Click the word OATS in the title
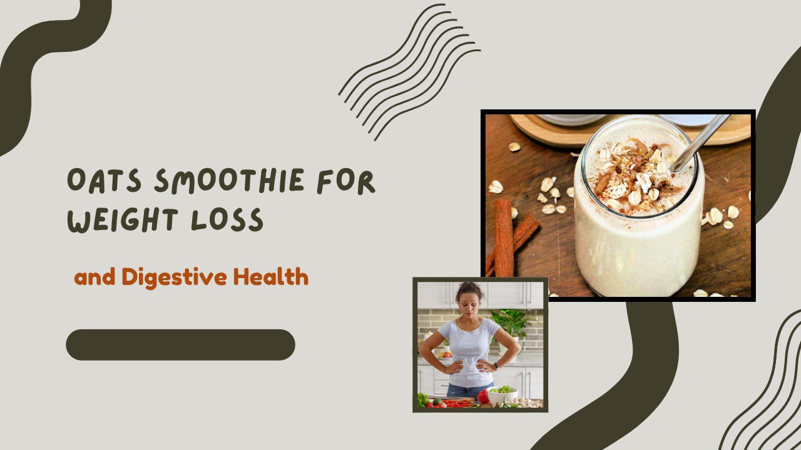tap(104, 181)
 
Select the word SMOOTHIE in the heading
tap(229, 181)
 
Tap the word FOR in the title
tap(346, 182)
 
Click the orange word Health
tap(271, 277)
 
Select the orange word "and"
tap(94, 277)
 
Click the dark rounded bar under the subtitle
tap(181, 344)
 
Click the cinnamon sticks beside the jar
tap(509, 237)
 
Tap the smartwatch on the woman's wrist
tap(496, 366)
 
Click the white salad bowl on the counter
tap(502, 394)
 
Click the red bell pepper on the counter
tap(483, 396)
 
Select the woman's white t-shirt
tap(469, 352)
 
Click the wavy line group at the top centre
tap(409, 72)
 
